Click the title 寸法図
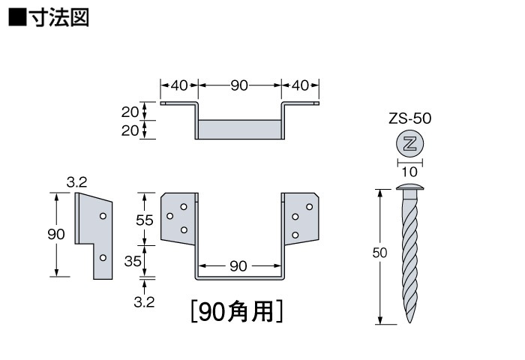pyautogui.click(x=59, y=17)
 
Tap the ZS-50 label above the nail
pyautogui.click(x=409, y=118)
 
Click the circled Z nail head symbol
pyautogui.click(x=409, y=144)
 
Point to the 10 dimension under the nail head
pyautogui.click(x=409, y=172)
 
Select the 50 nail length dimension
pyautogui.click(x=379, y=253)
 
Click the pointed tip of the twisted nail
pyautogui.click(x=410, y=322)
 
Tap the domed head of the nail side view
pyautogui.click(x=409, y=187)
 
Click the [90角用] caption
pyautogui.click(x=237, y=312)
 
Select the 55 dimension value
pyautogui.click(x=145, y=220)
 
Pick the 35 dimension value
pyautogui.click(x=133, y=261)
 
